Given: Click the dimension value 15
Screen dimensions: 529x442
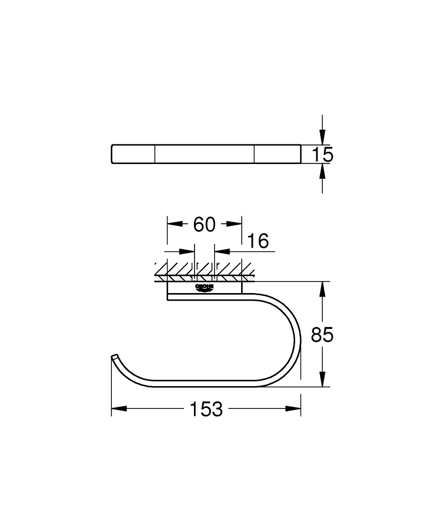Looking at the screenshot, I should pos(322,154).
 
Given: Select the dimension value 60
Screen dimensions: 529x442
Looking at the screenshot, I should pos(205,224).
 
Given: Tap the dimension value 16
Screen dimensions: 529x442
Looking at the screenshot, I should pos(258,242).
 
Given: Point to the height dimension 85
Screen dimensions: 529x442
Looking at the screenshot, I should pos(322,335).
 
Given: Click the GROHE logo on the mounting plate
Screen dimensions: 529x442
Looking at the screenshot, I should pos(205,287).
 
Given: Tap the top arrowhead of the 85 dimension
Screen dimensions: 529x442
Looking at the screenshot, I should pos(322,290).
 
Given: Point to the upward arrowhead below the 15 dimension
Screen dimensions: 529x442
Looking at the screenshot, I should pos(322,172).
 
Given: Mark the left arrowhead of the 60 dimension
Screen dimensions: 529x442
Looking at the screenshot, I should pos(175,224).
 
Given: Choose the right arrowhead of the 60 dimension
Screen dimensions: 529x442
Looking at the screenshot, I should pos(234,224).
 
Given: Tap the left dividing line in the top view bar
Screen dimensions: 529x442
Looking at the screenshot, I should pos(155,154).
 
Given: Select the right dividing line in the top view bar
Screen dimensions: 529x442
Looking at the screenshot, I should pos(254,154).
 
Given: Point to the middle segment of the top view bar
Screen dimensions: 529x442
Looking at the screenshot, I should pos(205,154).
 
